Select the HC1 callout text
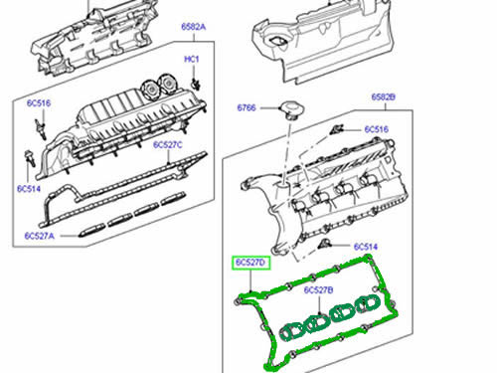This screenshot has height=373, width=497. pos(193,60)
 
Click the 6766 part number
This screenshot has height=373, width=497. pos(247,106)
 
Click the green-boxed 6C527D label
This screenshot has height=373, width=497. pos(251,262)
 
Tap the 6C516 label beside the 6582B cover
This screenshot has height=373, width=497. pos(378,129)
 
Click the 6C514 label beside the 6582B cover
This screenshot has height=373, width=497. pos(365,247)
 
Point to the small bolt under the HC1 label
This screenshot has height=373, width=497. pos(195,81)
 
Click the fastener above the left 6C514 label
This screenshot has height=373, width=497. pos(29,157)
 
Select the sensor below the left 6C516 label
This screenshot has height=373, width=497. pos(41,125)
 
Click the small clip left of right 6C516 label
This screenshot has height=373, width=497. pos(338,128)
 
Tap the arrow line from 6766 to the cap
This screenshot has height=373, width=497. pos(270,106)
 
